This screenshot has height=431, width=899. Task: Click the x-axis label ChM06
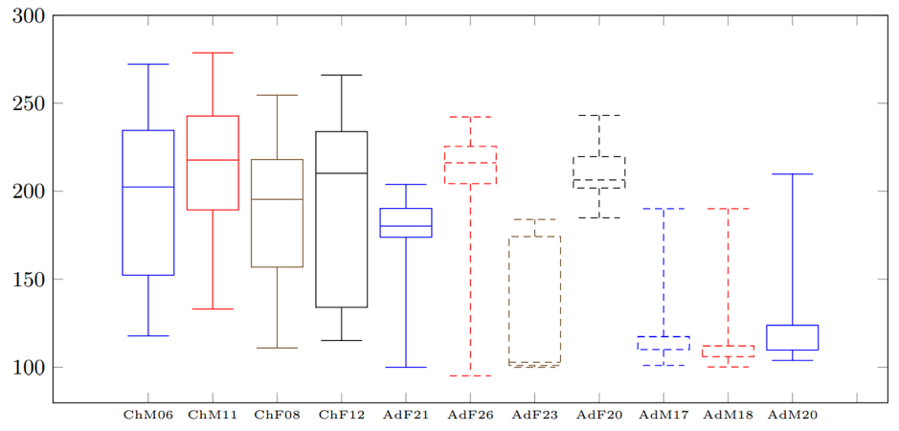[x=147, y=415]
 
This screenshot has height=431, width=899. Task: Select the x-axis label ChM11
[x=213, y=415]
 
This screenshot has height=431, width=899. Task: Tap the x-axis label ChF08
[x=277, y=415]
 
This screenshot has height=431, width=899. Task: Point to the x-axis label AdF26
[x=470, y=415]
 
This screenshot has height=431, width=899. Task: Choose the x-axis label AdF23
[x=534, y=415]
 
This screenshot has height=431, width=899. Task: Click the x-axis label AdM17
[x=663, y=415]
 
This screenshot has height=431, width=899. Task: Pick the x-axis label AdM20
[x=792, y=415]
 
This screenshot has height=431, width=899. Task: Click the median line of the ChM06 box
[x=148, y=187]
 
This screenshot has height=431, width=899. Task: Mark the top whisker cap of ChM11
[x=213, y=53]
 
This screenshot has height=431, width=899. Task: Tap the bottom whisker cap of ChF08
[x=277, y=348]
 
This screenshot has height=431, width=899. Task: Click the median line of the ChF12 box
[x=342, y=173]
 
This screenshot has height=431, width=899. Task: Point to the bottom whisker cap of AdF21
[x=406, y=367]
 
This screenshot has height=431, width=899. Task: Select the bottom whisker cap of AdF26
[x=470, y=375]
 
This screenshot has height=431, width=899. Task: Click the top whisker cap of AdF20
[x=598, y=115]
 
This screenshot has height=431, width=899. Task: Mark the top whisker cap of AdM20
[x=792, y=174]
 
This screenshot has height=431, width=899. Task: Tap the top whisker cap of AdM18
[x=728, y=209]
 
